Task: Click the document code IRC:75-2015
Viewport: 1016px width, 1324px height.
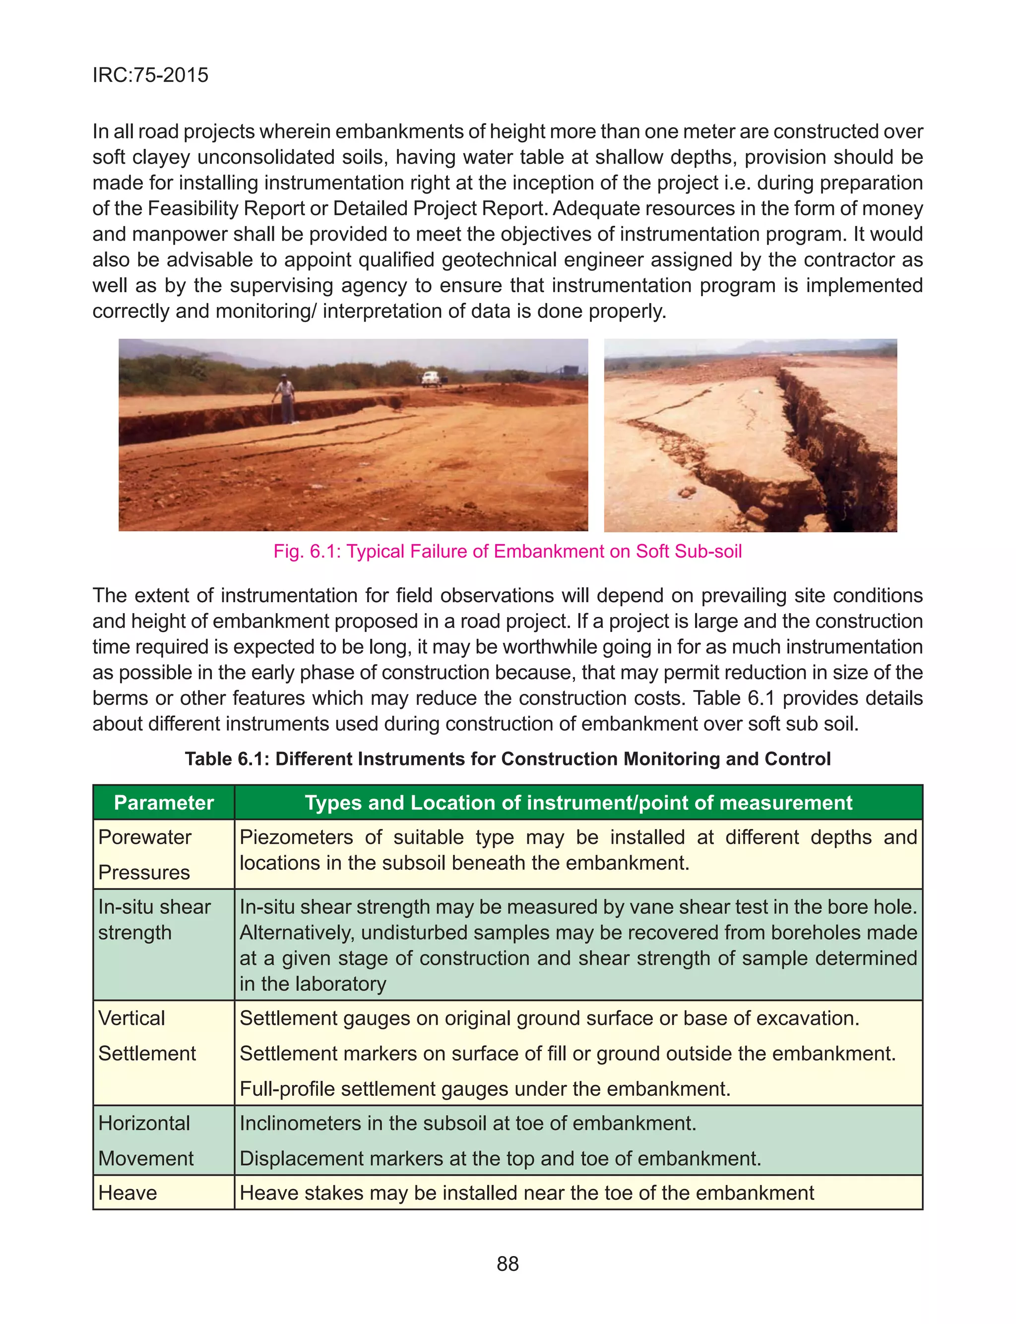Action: (x=150, y=75)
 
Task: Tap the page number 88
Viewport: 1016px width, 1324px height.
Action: (x=508, y=1264)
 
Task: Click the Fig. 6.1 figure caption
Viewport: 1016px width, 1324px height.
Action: (x=508, y=551)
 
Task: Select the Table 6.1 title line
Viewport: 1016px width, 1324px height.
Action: (x=508, y=758)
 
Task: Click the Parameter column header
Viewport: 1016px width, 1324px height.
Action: (x=163, y=802)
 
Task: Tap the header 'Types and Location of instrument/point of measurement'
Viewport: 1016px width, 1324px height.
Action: (x=578, y=802)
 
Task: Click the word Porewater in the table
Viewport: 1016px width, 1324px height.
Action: (x=144, y=837)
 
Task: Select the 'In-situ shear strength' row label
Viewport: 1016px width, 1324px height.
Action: (x=154, y=919)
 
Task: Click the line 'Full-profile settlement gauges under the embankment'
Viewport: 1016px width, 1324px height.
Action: (x=485, y=1089)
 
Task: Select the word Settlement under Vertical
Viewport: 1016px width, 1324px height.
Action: (x=147, y=1054)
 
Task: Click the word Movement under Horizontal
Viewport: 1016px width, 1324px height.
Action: (x=146, y=1158)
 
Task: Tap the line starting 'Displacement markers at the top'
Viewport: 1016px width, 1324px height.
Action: (x=500, y=1158)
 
